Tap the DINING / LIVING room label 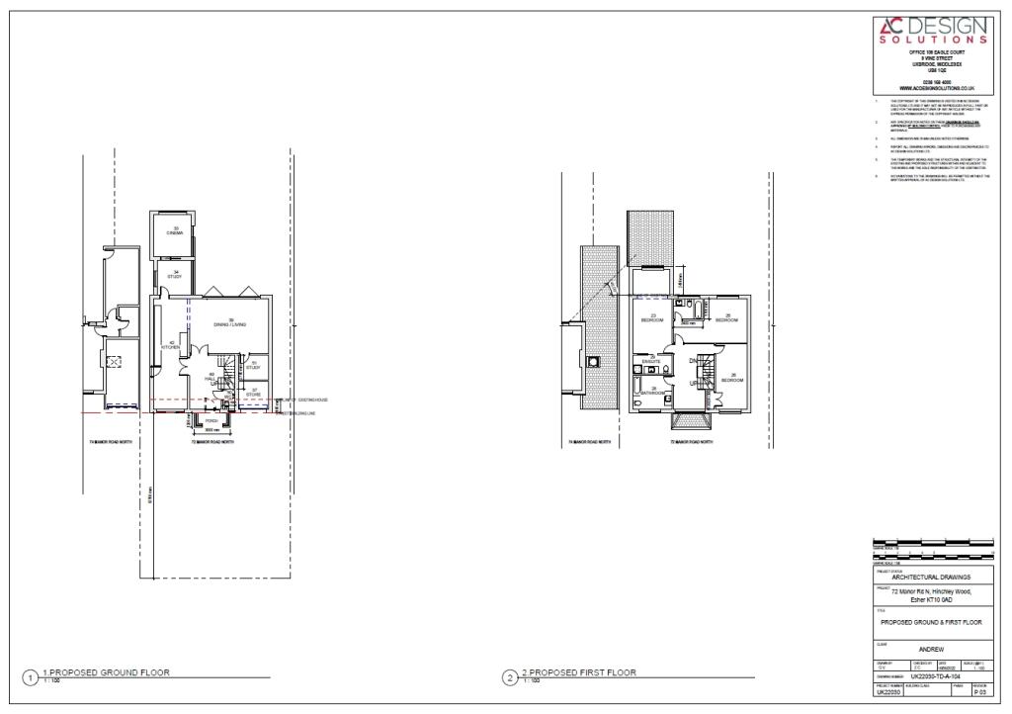pyautogui.click(x=230, y=322)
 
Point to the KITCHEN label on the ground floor pyautogui.click(x=171, y=346)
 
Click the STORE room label pyautogui.click(x=254, y=394)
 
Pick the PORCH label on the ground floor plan pyautogui.click(x=210, y=421)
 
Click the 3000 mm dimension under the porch pyautogui.click(x=211, y=431)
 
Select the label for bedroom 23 pyautogui.click(x=652, y=318)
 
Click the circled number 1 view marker pyautogui.click(x=31, y=677)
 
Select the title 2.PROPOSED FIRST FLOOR pyautogui.click(x=579, y=672)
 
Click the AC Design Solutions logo pyautogui.click(x=931, y=31)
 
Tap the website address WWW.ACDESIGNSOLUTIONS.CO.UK pyautogui.click(x=932, y=88)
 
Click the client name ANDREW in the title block pyautogui.click(x=931, y=649)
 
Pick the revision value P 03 pyautogui.click(x=980, y=693)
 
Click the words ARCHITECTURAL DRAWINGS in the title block pyautogui.click(x=931, y=577)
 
